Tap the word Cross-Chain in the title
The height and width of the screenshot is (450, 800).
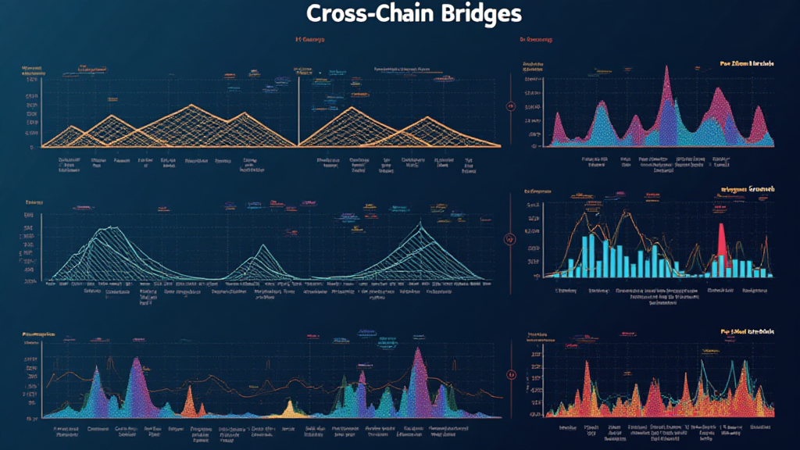point(353,14)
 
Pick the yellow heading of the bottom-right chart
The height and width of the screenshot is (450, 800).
point(746,332)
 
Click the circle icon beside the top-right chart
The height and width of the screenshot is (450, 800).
point(510,105)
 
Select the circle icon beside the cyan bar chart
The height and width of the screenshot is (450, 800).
point(510,239)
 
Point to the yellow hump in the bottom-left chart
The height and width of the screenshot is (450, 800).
point(290,407)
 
